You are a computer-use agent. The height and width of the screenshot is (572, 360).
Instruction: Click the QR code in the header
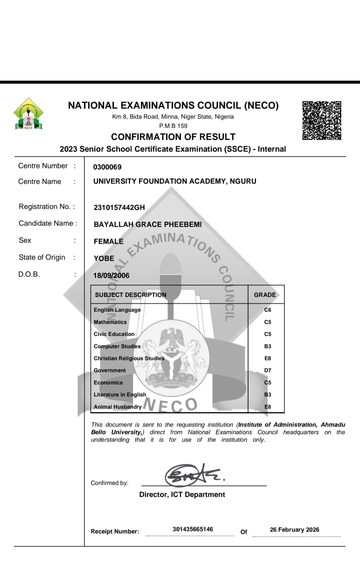click(x=322, y=120)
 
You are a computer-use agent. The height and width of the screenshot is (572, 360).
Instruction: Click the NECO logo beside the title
click(x=28, y=114)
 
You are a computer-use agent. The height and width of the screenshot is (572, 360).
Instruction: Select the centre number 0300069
click(x=107, y=167)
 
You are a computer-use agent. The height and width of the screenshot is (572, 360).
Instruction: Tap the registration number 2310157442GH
click(x=119, y=207)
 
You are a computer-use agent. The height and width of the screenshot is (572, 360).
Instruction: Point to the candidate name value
click(x=147, y=224)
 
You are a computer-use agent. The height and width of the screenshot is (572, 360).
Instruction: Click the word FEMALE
click(x=108, y=241)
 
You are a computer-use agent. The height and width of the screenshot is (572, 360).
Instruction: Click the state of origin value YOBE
click(x=104, y=258)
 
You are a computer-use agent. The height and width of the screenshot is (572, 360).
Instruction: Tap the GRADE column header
click(x=264, y=295)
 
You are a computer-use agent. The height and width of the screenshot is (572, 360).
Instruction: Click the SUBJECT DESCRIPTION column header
click(x=130, y=295)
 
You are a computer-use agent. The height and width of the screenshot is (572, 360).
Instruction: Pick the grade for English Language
click(x=267, y=310)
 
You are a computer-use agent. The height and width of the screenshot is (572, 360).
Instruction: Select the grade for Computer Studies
click(x=267, y=346)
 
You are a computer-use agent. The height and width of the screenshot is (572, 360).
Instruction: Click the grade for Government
click(x=267, y=370)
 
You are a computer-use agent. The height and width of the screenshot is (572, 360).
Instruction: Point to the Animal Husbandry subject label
click(x=117, y=407)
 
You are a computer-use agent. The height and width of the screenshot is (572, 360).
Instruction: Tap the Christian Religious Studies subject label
click(x=128, y=358)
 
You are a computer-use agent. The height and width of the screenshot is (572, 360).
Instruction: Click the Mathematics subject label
click(x=110, y=322)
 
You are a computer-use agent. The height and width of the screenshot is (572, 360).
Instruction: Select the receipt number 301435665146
click(x=192, y=529)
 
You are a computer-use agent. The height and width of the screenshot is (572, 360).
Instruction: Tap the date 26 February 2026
click(x=294, y=530)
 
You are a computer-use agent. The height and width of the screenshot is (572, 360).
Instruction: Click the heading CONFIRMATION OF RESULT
click(x=173, y=137)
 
